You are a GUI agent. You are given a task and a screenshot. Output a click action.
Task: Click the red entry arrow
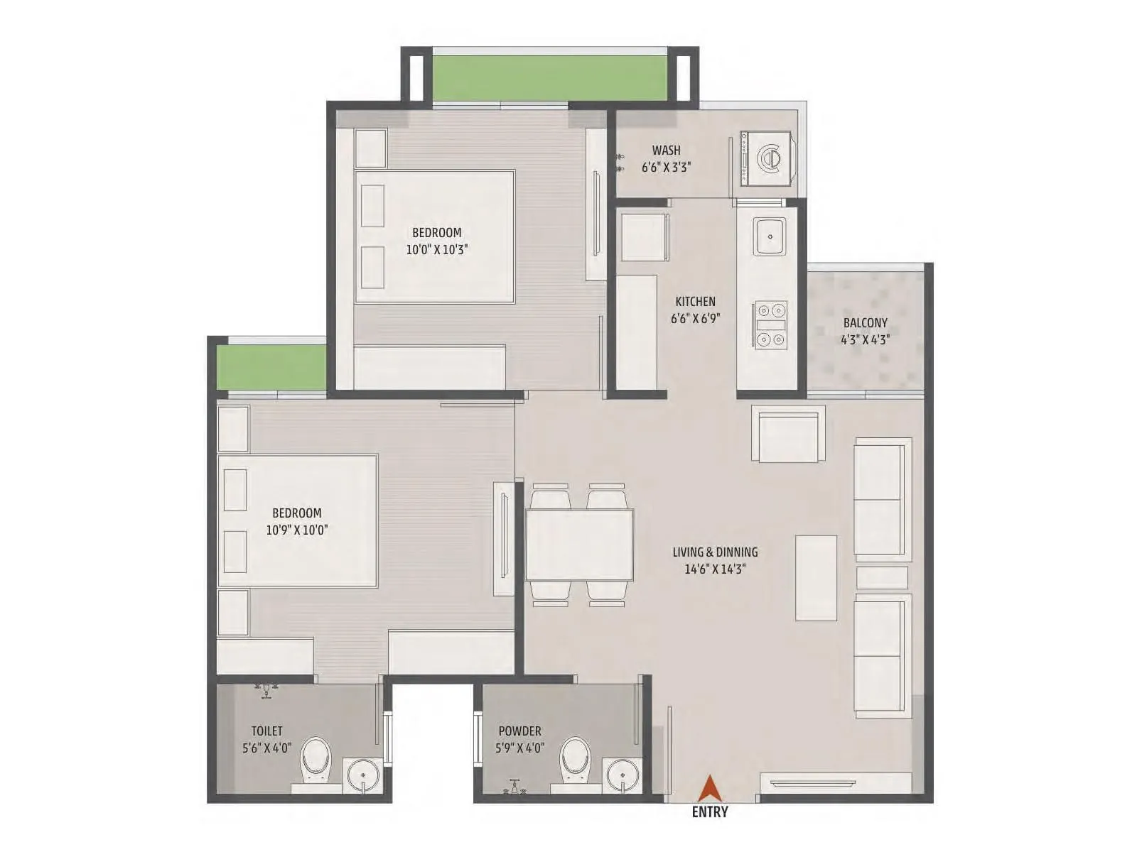pos(708,790)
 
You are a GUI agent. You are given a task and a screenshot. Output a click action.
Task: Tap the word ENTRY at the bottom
pos(710,812)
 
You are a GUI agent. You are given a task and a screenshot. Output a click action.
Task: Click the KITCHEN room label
pos(695,302)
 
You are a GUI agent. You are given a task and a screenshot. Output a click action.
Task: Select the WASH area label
pos(666,151)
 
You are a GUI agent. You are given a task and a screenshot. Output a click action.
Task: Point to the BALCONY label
pos(865,323)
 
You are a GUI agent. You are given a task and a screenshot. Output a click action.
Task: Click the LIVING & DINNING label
pos(715,552)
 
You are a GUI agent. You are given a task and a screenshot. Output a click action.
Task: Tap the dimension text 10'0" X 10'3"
pos(437,250)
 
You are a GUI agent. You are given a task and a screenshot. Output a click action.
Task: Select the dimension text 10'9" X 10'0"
pos(296,530)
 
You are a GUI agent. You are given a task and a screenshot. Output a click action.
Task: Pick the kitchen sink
pos(769,235)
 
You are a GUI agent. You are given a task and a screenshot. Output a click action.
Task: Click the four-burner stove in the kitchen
pos(771,325)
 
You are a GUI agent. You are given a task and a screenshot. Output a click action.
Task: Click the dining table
pos(579,545)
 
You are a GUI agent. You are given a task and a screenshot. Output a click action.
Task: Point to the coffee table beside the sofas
pos(816,578)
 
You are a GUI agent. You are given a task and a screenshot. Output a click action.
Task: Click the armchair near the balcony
pos(788,435)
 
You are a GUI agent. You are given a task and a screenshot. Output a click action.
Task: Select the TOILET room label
pos(266,731)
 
